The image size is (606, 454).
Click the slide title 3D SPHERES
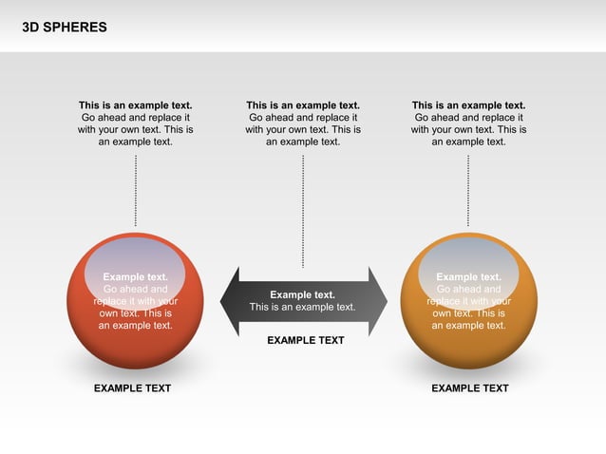[x=65, y=28]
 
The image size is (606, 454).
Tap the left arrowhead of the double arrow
[x=231, y=301]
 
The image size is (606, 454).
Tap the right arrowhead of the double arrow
[x=378, y=301]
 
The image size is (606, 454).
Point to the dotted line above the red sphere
[x=136, y=190]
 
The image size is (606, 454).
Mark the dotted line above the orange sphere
[x=468, y=190]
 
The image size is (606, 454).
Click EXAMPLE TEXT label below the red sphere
[x=132, y=388]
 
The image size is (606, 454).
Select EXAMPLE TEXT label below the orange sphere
[x=469, y=388]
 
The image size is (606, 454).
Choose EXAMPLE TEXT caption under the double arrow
[x=305, y=340]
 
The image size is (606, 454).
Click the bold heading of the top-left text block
[x=135, y=105]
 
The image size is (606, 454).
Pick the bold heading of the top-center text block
[x=303, y=105]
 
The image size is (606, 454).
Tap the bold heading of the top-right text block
[x=468, y=105]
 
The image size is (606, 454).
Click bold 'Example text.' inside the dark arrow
[x=302, y=294]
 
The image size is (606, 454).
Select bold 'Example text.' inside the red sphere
[x=135, y=277]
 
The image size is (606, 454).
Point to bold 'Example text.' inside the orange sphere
[x=468, y=277]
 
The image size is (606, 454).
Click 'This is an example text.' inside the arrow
[x=302, y=307]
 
